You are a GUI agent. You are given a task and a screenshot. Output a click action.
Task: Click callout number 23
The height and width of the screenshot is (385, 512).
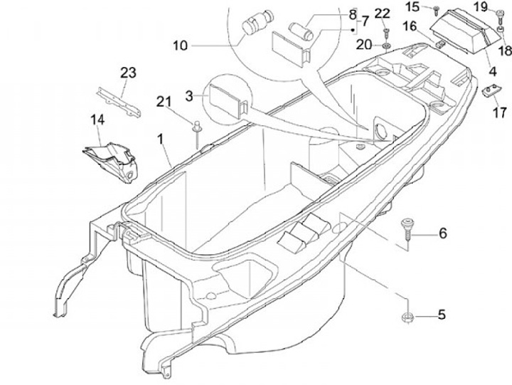point(128,73)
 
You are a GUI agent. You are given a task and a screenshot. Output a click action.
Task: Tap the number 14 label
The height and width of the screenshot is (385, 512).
point(97,120)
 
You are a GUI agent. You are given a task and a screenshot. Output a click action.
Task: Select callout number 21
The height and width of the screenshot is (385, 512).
point(164,102)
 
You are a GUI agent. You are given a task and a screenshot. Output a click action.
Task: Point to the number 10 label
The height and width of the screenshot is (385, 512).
point(180,46)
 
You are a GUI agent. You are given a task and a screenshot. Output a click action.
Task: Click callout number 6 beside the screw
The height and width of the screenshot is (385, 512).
point(443,233)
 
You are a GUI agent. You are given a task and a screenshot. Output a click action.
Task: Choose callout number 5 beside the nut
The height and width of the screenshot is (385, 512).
point(442,315)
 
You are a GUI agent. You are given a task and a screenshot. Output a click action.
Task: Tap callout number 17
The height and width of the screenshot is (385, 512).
point(500,112)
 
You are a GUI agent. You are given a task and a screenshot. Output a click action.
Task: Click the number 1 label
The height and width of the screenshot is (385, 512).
point(160,139)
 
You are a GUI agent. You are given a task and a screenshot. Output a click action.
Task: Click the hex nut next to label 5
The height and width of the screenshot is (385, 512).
point(407,317)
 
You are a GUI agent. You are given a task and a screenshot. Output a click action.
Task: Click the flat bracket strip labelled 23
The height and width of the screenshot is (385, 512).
point(119,102)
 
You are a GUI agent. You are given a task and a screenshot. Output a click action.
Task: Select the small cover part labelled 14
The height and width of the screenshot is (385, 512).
point(111,162)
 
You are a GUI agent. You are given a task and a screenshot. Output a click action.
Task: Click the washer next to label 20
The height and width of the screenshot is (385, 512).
point(386,46)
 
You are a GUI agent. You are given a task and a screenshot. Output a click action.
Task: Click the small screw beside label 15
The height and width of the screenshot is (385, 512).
point(436,11)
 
